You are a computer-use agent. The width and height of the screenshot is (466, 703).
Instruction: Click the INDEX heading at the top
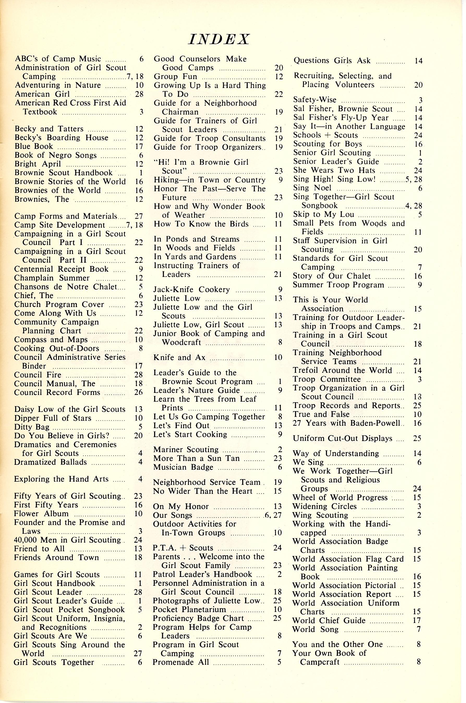tap(219, 39)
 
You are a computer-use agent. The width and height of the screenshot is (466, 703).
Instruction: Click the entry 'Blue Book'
tap(34, 146)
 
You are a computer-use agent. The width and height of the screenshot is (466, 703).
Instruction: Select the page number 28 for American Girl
tap(139, 94)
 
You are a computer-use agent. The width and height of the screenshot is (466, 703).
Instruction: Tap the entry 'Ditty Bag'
tap(32, 427)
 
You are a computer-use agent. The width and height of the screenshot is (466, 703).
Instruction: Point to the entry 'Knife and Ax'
tap(179, 357)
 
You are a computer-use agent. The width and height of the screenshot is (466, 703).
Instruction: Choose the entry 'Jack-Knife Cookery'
tap(191, 290)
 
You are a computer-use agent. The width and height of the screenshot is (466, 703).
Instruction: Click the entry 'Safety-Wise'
tap(315, 100)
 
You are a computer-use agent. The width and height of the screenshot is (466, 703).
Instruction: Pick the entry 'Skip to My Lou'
tap(323, 215)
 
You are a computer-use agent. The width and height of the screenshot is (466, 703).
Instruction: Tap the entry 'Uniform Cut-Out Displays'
tap(342, 438)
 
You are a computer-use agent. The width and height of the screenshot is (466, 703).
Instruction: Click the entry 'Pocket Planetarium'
tap(189, 609)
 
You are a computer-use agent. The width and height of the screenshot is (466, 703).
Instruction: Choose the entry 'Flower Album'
tap(41, 514)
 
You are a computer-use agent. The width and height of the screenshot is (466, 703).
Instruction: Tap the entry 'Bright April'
tap(38, 164)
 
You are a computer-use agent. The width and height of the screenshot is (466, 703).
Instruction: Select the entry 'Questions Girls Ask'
tap(332, 61)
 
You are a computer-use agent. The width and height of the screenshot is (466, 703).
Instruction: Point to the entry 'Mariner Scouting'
tap(186, 450)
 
